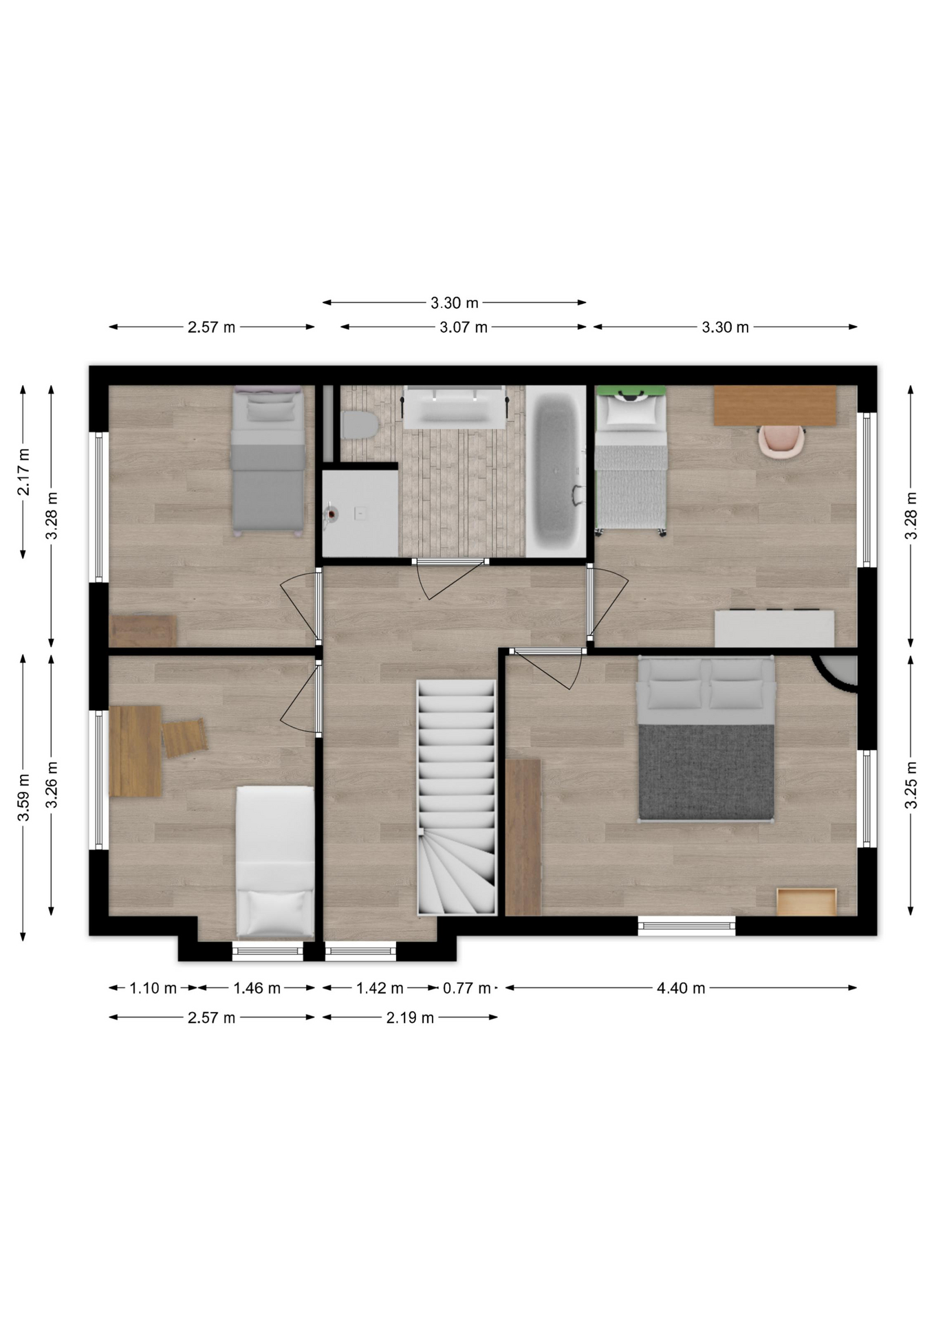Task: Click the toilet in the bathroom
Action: tap(359, 424)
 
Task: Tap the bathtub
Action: tap(556, 471)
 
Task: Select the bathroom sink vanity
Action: tap(455, 408)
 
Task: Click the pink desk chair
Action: tap(781, 440)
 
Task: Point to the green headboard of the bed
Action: tap(631, 391)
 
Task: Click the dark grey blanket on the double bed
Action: tap(706, 771)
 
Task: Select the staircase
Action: tap(457, 797)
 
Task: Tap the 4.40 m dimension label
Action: tap(681, 988)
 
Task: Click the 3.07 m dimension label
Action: tap(464, 327)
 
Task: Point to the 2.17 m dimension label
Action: tap(24, 472)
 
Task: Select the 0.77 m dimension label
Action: tap(466, 988)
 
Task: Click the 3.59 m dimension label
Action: tap(24, 797)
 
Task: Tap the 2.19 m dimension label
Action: tap(410, 1017)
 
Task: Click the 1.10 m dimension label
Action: tap(153, 988)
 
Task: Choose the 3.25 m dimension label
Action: tap(912, 786)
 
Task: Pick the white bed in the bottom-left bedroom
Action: tap(275, 862)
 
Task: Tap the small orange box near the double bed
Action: tap(807, 901)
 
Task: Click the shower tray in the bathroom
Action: tap(360, 513)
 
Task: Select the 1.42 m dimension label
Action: tap(380, 988)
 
